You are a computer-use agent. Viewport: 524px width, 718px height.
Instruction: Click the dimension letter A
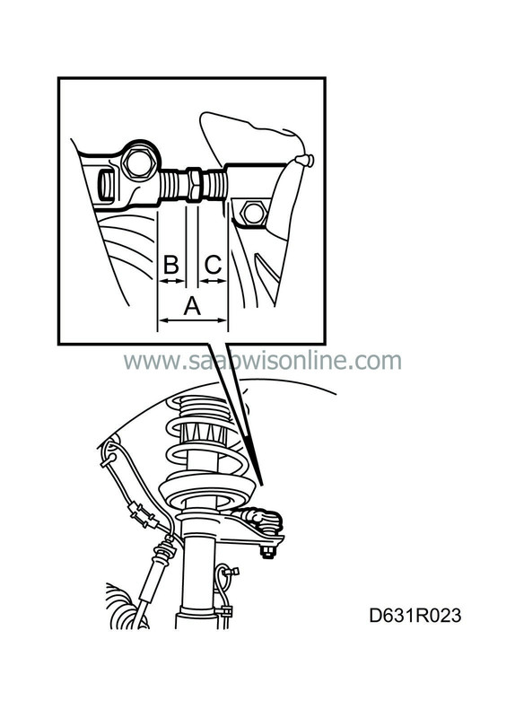click(x=192, y=306)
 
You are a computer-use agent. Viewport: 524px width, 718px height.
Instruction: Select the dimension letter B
click(x=171, y=265)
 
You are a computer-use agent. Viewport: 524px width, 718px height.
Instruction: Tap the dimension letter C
click(x=213, y=265)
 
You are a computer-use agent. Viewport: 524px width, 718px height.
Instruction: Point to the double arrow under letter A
click(x=192, y=320)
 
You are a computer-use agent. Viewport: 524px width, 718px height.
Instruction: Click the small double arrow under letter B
click(x=171, y=281)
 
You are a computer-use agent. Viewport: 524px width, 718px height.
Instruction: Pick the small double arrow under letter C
click(x=213, y=281)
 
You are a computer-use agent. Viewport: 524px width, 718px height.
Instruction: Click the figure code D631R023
click(x=415, y=616)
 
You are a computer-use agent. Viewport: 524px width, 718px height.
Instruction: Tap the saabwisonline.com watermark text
click(x=262, y=361)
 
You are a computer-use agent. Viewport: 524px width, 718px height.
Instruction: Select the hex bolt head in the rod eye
click(x=139, y=163)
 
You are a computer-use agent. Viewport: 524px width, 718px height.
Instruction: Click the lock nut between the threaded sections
click(x=194, y=184)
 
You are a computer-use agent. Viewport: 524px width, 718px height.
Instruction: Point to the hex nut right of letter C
click(x=252, y=213)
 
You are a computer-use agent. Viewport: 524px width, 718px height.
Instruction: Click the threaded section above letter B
click(x=174, y=185)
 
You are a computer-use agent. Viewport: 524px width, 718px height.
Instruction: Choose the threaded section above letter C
click(x=214, y=185)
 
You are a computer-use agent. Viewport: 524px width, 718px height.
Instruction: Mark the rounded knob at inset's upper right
click(x=304, y=161)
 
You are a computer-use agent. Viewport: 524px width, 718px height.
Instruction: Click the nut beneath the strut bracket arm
click(x=267, y=553)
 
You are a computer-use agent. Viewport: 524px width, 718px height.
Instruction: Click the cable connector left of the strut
click(x=144, y=515)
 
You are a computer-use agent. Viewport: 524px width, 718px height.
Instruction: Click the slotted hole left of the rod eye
click(x=105, y=185)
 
